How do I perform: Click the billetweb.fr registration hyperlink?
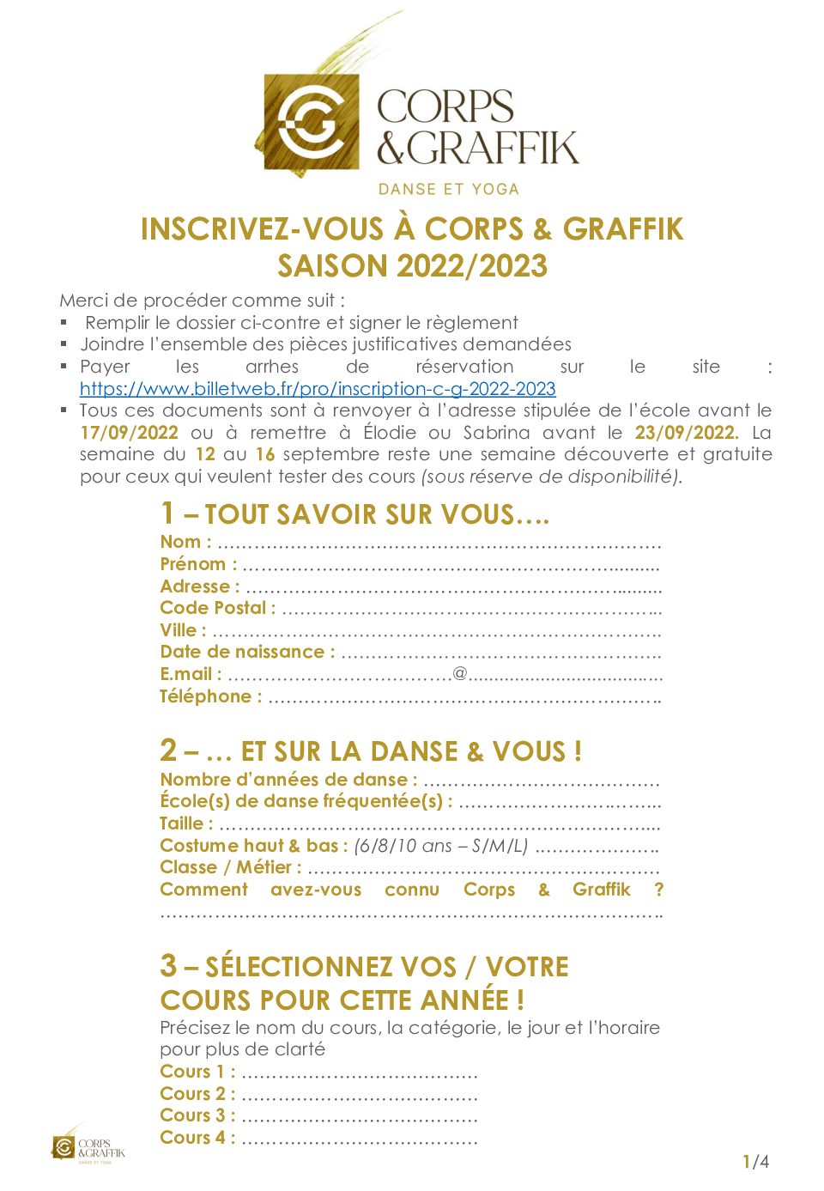318,389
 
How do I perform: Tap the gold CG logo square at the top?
311,121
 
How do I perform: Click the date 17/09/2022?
129,433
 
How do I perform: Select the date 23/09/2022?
686,433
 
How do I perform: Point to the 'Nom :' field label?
185,542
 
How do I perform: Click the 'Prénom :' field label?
198,564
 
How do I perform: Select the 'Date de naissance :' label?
247,652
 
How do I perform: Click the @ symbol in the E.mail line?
460,673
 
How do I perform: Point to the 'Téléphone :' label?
210,696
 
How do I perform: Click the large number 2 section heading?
168,750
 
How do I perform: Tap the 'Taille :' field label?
186,823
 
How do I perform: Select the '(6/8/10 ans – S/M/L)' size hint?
440,846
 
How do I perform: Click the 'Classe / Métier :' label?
230,867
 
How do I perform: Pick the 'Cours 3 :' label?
197,1115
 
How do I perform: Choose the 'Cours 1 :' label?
197,1072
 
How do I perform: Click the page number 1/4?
755,1162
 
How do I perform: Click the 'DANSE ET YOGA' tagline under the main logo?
449,189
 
